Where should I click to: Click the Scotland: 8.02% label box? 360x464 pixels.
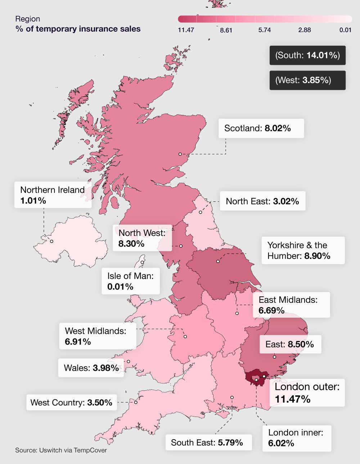pos(261,128)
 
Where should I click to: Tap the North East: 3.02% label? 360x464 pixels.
pos(262,201)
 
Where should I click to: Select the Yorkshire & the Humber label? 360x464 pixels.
pos(303,250)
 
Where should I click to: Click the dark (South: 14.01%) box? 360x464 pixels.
pos(307,55)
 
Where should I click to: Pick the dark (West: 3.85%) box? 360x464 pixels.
pos(307,80)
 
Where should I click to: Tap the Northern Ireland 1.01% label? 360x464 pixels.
pos(53,195)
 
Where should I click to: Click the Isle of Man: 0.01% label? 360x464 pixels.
pos(130,281)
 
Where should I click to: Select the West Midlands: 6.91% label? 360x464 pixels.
pos(98,336)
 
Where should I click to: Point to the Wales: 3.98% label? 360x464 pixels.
pos(91,368)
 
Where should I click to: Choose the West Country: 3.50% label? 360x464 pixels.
pos(71,402)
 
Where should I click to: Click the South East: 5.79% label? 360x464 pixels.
pos(208,442)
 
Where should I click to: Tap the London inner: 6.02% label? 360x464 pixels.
pos(297,438)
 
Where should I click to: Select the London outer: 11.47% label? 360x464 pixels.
pos(307,393)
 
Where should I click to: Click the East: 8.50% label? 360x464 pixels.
pos(290,344)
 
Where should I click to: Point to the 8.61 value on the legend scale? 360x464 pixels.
pos(226,30)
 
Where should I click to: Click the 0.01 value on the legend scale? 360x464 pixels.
pos(345,30)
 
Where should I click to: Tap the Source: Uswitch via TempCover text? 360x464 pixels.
pos(61,450)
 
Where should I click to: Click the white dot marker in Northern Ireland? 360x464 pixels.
pos(51,241)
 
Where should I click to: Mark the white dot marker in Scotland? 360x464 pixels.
pos(180,154)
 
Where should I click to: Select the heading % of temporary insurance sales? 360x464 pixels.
pos(78,29)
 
